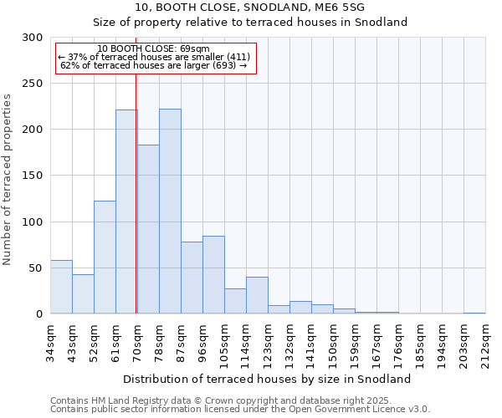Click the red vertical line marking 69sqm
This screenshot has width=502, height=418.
(x=136, y=192)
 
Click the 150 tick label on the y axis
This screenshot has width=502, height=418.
(x=33, y=176)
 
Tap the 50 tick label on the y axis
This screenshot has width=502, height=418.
(x=36, y=268)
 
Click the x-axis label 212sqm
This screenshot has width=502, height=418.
(x=485, y=343)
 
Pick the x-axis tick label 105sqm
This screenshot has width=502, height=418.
(x=224, y=343)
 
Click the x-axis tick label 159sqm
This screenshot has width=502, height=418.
(x=355, y=343)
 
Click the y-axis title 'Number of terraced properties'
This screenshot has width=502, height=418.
(x=8, y=179)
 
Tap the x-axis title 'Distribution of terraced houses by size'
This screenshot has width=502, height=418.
(x=273, y=379)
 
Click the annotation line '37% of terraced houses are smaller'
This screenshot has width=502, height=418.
(x=154, y=57)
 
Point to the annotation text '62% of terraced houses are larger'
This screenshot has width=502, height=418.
(x=154, y=65)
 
